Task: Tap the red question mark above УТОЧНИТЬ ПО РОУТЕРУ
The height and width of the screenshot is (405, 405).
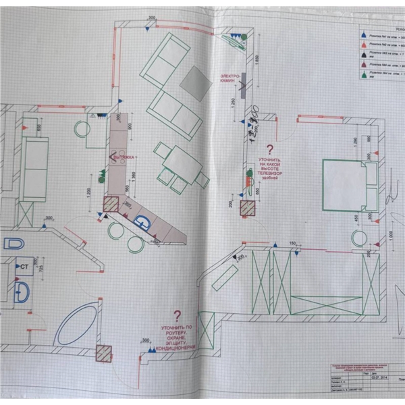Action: (178, 315)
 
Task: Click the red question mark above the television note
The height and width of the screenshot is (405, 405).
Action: (270, 149)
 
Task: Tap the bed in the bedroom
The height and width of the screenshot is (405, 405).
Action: (348, 184)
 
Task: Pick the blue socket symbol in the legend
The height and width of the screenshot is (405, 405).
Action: (363, 31)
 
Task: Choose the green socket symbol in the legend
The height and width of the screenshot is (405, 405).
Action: (363, 76)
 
